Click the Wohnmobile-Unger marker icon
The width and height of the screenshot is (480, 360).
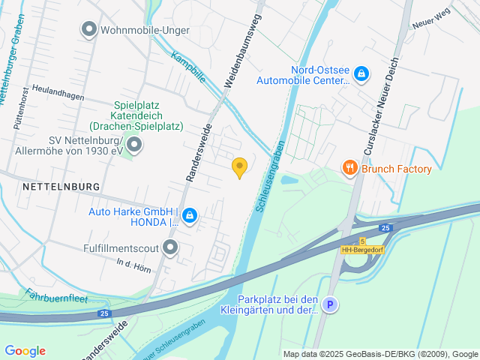pyautogui.click(x=88, y=30)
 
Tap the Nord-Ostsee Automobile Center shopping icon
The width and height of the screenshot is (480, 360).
pyautogui.click(x=361, y=73)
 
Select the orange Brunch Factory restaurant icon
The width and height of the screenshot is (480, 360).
pyautogui.click(x=349, y=169)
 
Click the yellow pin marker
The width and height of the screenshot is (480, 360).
pyautogui.click(x=239, y=167)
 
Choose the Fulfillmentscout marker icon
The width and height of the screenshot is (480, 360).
pyautogui.click(x=170, y=247)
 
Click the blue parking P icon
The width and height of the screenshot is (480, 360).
pyautogui.click(x=330, y=304)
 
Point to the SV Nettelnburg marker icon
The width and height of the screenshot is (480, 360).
pyautogui.click(x=134, y=143)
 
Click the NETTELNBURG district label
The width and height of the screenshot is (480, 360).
pyautogui.click(x=61, y=185)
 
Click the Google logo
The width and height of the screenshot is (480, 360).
pyautogui.click(x=25, y=351)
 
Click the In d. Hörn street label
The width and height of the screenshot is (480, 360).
pyautogui.click(x=135, y=263)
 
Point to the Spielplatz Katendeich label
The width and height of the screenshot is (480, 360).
pyautogui.click(x=148, y=115)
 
